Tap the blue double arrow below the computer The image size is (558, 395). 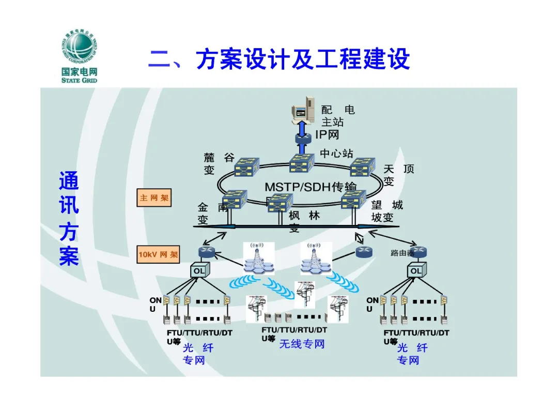[302, 129]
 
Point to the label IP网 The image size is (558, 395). [327, 135]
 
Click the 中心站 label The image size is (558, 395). [336, 153]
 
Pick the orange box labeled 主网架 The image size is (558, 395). [153, 197]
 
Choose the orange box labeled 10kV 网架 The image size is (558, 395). [158, 254]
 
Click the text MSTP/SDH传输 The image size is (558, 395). [310, 187]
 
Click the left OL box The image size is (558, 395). [199, 270]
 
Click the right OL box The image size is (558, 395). [415, 270]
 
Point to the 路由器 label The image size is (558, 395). [402, 253]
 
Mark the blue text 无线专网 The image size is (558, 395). [302, 344]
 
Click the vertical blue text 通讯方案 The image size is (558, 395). [69, 219]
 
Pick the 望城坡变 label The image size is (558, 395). [386, 211]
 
